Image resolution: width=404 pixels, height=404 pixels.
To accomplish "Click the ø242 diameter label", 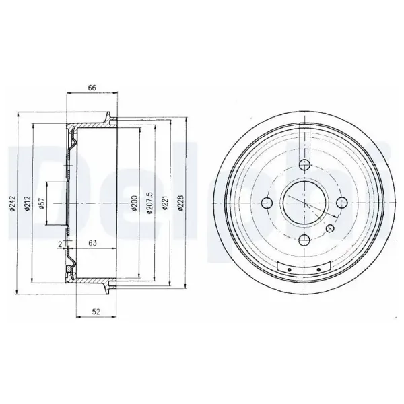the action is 13,204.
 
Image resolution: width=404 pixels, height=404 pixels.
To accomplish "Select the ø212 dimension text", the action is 28,203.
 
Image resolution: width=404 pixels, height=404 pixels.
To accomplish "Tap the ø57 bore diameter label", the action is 42,203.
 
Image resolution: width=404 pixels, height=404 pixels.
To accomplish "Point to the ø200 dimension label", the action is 134,203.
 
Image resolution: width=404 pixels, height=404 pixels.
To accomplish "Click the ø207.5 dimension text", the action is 149,203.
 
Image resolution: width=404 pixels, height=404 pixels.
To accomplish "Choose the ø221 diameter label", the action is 165,203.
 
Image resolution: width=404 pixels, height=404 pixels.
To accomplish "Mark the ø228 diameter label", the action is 180,203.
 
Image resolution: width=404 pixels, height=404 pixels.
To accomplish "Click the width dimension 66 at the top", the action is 92,88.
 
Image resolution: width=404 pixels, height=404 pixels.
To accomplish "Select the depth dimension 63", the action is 92,242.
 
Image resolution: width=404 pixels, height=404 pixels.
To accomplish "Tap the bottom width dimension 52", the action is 96,312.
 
